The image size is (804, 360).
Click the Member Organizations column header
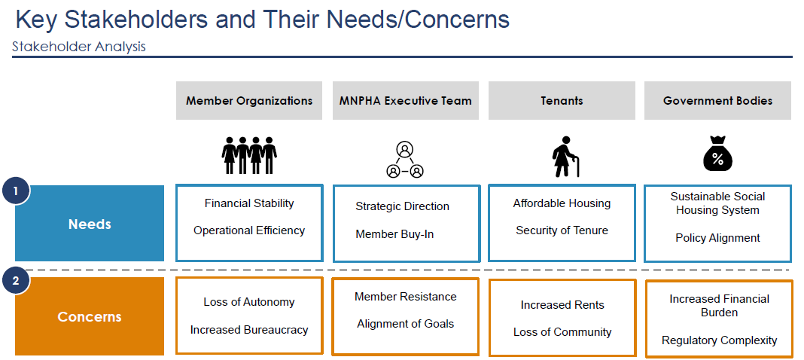pos(249,100)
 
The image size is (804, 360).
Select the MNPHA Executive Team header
pos(405,100)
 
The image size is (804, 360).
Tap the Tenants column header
pos(562,100)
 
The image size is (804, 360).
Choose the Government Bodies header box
pos(717,100)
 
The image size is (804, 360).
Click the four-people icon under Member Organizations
pos(249,156)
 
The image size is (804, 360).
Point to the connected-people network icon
pos(405,160)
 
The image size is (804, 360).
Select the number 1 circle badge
pos(16,191)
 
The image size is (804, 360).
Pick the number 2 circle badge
pos(16,282)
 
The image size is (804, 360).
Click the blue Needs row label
pos(90,224)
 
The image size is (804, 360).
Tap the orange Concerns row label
pos(90,316)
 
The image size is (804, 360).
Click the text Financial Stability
pos(249,203)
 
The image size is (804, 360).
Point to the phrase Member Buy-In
pos(394,234)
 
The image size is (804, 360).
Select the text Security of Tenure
pos(562,230)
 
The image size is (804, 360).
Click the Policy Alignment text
pos(717,238)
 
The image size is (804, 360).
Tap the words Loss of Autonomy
pos(249,302)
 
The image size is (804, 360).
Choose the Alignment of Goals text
pos(405,324)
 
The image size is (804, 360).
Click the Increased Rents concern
pos(562,305)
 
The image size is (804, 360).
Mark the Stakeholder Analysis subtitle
pos(79,47)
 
